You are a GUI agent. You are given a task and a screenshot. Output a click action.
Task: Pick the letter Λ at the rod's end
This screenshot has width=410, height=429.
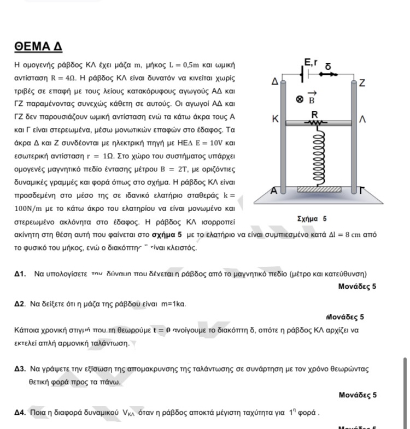[x=361, y=119]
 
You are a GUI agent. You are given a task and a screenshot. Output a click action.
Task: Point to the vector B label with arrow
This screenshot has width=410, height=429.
[x=311, y=98]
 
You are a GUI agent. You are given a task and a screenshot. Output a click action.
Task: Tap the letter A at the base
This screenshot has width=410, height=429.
[x=274, y=190]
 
